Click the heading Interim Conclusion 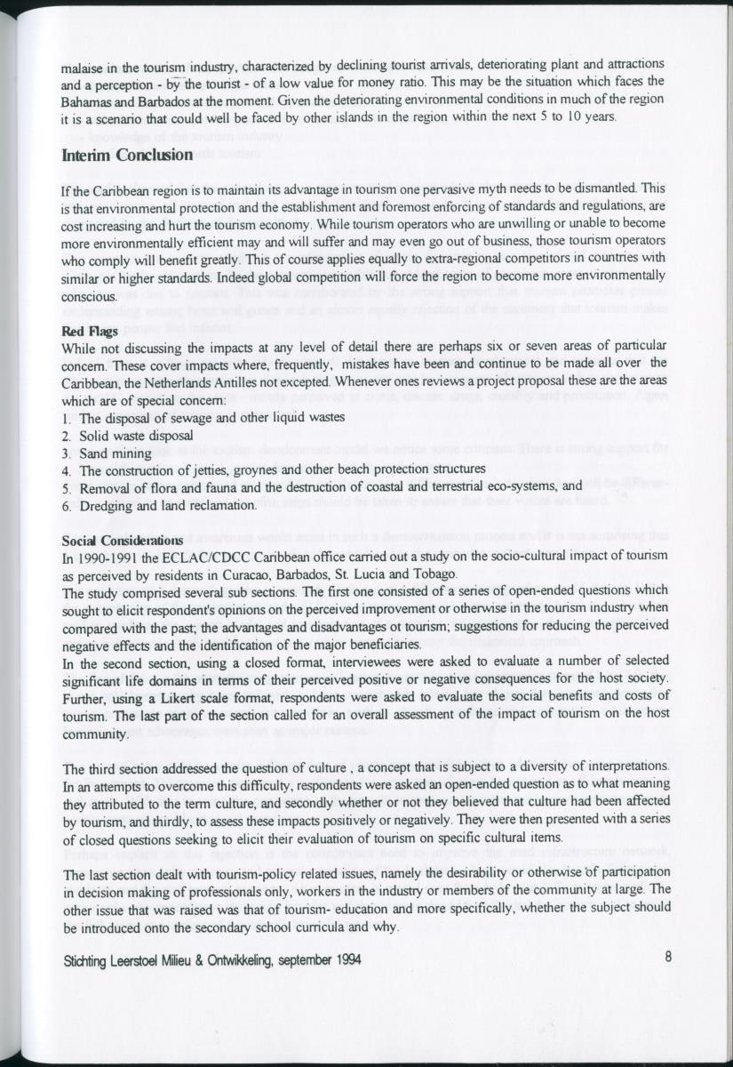127,156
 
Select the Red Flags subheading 86,327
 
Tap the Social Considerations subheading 122,540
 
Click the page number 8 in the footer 667,958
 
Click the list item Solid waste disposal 135,435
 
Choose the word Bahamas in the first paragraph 86,101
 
